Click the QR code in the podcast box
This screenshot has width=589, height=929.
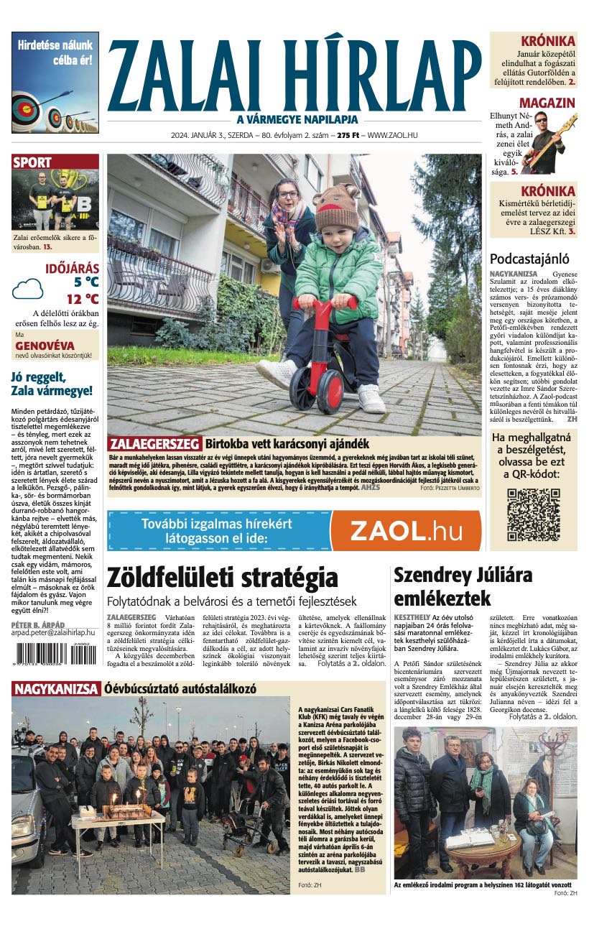[x=534, y=514]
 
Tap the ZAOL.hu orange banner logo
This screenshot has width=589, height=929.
[x=407, y=531]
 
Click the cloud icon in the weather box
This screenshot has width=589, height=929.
[x=28, y=289]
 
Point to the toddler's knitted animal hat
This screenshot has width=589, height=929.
[x=336, y=205]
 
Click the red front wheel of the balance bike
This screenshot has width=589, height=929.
[x=302, y=389]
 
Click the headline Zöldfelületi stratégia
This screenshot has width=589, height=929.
[x=222, y=578]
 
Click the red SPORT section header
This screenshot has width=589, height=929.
[x=32, y=162]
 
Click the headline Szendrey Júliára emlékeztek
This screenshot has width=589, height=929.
[x=463, y=586]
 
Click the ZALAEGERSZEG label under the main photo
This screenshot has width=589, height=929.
[x=154, y=443]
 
